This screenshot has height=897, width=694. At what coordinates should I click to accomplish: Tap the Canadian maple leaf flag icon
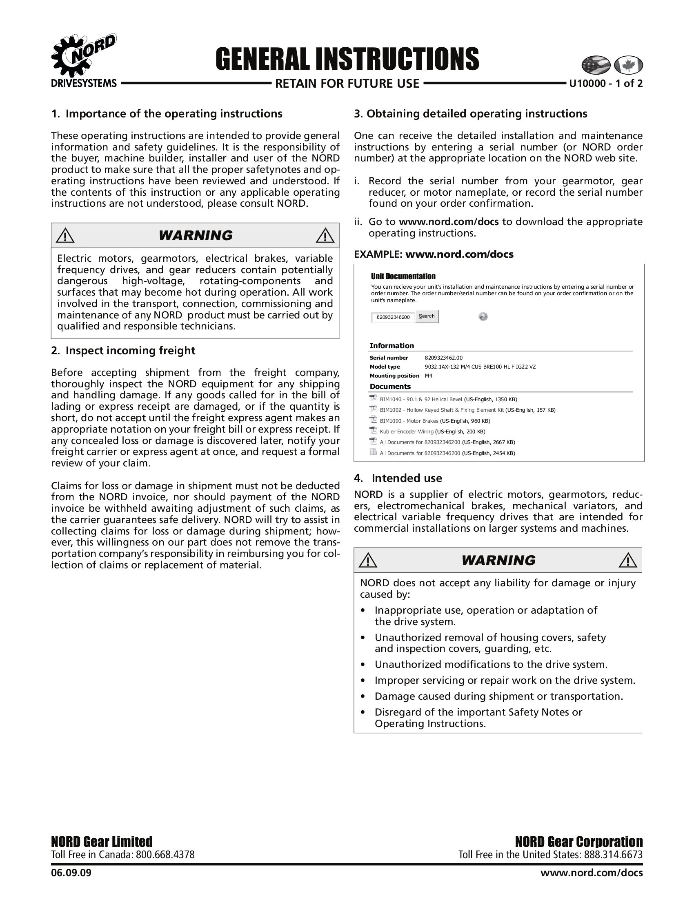(x=628, y=65)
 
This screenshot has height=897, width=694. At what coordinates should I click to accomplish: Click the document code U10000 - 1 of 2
(x=605, y=84)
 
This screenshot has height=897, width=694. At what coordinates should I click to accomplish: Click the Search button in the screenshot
(x=427, y=316)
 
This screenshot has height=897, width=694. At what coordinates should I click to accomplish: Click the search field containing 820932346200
(x=393, y=317)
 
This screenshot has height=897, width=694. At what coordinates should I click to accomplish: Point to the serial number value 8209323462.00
(x=443, y=358)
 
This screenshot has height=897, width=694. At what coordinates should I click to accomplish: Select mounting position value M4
(x=428, y=376)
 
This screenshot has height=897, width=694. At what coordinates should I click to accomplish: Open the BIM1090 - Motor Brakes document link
(x=409, y=421)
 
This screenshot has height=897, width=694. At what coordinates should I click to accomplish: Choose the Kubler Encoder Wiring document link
(x=406, y=432)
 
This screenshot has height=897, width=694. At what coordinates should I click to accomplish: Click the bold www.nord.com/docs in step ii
(x=449, y=222)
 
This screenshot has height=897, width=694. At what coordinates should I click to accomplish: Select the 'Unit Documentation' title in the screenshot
(x=403, y=276)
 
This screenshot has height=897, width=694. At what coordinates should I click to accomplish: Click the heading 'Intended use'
(x=407, y=478)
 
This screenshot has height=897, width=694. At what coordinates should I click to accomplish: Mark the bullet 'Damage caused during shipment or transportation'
(x=498, y=696)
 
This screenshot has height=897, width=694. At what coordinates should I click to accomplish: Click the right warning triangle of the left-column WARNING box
(x=325, y=235)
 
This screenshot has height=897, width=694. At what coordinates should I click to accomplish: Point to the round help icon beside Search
(x=483, y=317)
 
